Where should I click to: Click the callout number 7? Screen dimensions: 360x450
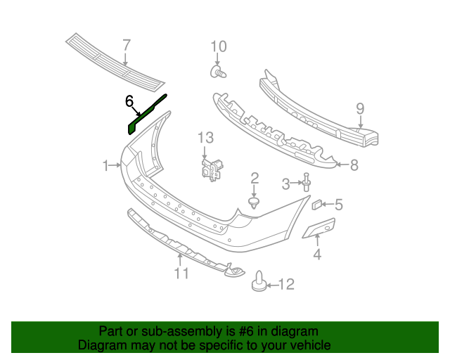point(127,46)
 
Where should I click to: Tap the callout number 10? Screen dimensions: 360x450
point(219,47)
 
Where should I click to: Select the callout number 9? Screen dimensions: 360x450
point(359,108)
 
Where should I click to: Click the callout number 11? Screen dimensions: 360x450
point(182,274)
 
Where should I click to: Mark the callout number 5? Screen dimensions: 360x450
point(338,205)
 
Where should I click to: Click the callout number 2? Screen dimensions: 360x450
point(255,178)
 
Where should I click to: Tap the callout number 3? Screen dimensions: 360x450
point(285,184)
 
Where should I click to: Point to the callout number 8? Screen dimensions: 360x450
point(354,165)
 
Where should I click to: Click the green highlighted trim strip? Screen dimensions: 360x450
point(146,112)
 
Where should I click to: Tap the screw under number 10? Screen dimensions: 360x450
point(219,72)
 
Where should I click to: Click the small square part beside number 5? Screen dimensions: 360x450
point(316,205)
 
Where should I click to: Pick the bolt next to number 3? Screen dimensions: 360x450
point(307,183)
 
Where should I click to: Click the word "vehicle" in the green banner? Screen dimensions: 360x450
point(305,345)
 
